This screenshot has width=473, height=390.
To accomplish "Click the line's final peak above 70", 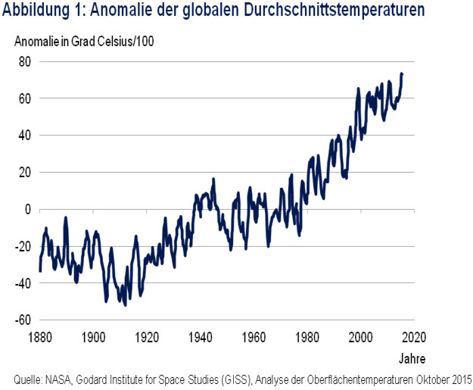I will [x=402, y=73].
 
